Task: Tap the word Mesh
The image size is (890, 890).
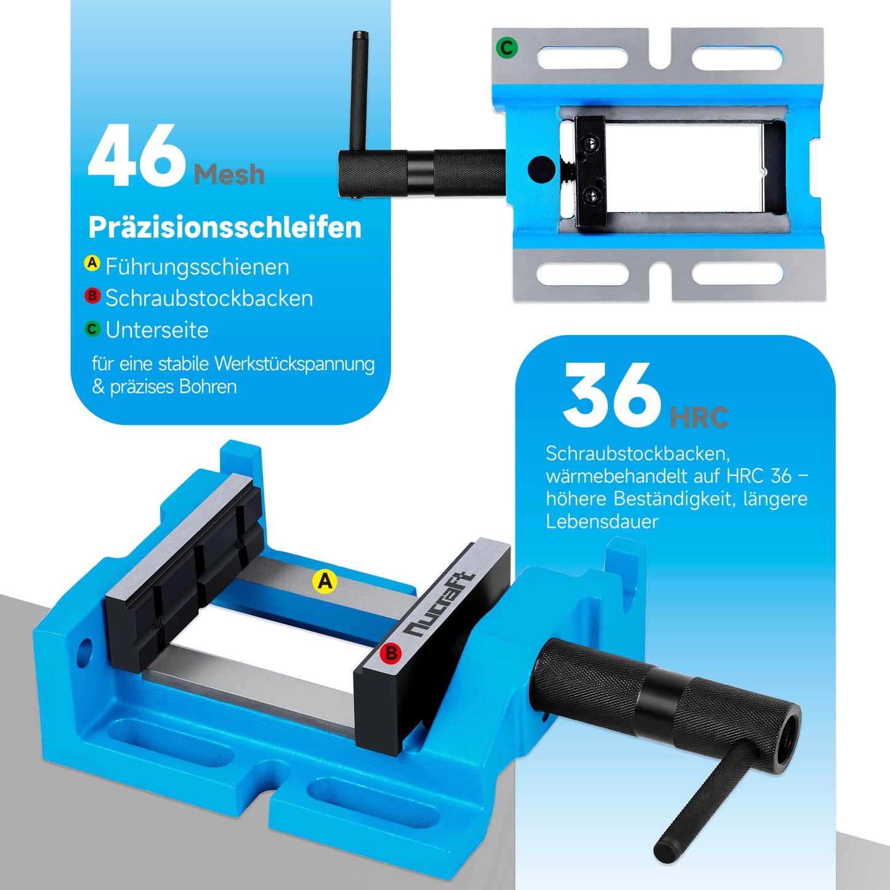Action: pyautogui.click(x=229, y=176)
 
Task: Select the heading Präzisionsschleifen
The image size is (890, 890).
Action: pyautogui.click(x=225, y=227)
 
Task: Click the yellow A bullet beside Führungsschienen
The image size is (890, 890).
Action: pyautogui.click(x=92, y=264)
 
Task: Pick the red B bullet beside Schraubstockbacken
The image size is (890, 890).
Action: pyautogui.click(x=92, y=296)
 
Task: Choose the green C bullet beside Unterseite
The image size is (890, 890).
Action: pyautogui.click(x=92, y=329)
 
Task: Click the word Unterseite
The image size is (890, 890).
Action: pyautogui.click(x=157, y=330)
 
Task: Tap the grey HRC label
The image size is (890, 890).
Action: pyautogui.click(x=698, y=418)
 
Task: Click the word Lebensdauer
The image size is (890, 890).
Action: pyautogui.click(x=602, y=522)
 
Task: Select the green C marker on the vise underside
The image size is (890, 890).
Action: pyautogui.click(x=507, y=47)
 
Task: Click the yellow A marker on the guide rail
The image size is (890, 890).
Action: pyautogui.click(x=325, y=581)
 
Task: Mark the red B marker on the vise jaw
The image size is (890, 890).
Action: pyautogui.click(x=390, y=653)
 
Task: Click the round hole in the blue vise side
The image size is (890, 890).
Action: pyautogui.click(x=84, y=652)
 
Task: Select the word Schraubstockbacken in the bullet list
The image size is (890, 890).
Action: pyautogui.click(x=209, y=298)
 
